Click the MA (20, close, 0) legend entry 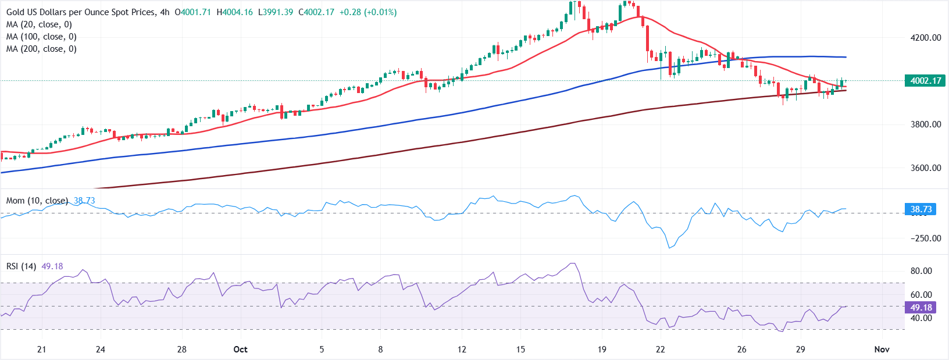click(x=39, y=24)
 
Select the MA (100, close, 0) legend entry click(x=41, y=37)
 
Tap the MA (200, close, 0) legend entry click(x=41, y=49)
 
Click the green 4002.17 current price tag click(x=925, y=81)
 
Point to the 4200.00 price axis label click(x=926, y=38)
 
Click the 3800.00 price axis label click(x=926, y=124)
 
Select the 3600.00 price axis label click(x=926, y=168)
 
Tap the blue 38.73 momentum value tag click(x=921, y=209)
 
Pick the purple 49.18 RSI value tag click(x=921, y=308)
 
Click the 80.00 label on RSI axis click(x=921, y=271)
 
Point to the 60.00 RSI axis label click(x=921, y=295)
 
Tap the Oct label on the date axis click(x=240, y=350)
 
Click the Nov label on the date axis click(x=882, y=350)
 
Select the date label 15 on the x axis click(x=520, y=350)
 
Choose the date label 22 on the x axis click(x=660, y=350)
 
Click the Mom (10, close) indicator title click(x=37, y=201)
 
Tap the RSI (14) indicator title click(x=21, y=266)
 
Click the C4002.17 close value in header click(x=316, y=12)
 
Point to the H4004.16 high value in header click(x=234, y=12)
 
